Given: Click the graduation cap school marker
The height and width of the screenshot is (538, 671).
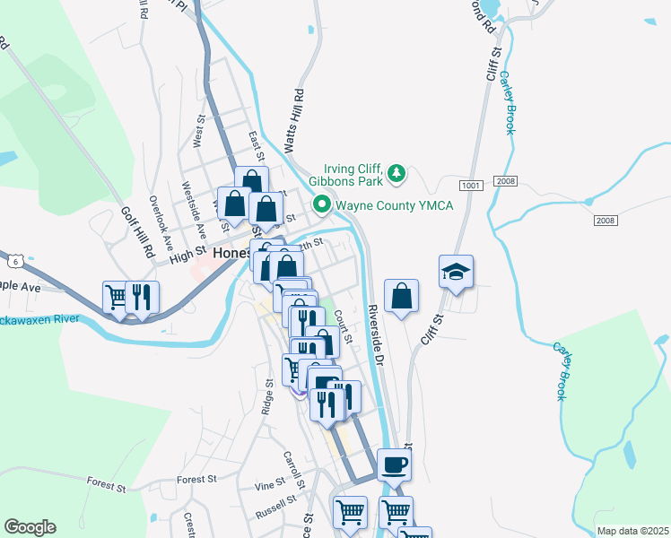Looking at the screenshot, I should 456,272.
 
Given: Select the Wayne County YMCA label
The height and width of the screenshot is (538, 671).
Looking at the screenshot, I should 395,206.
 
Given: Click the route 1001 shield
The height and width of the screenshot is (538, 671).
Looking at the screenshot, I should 470,186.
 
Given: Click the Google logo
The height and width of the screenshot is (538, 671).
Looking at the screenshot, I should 30,527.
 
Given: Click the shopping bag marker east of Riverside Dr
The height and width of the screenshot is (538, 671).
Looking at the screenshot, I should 401,296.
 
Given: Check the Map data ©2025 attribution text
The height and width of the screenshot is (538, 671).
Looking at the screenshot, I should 632,531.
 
